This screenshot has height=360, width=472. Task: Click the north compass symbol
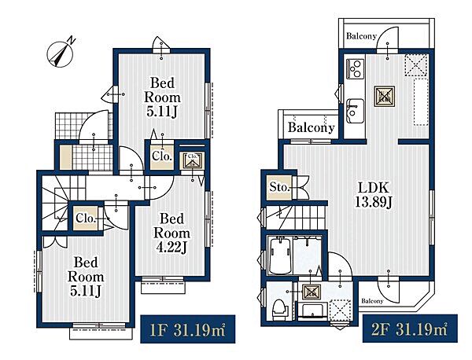click(x=61, y=54)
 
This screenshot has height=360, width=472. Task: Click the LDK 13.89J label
click(x=374, y=195)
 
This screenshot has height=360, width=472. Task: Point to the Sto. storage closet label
click(x=279, y=187)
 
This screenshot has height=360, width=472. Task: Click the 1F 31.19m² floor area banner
click(x=187, y=329)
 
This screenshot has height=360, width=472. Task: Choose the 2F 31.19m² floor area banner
click(x=410, y=329)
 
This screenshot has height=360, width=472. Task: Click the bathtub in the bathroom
click(x=280, y=255)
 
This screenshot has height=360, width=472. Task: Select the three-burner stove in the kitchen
click(x=356, y=69)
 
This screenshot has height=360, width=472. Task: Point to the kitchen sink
click(x=356, y=111)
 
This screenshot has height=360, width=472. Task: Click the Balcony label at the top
click(x=361, y=36)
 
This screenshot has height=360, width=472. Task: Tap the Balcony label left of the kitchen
click(x=311, y=127)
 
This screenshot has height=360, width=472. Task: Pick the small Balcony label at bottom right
click(x=372, y=301)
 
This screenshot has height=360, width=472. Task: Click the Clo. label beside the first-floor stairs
click(x=86, y=218)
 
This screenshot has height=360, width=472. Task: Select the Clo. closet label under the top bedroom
click(x=162, y=156)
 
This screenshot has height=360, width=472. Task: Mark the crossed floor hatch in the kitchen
click(x=385, y=96)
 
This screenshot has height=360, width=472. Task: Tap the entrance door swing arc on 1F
click(x=93, y=122)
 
